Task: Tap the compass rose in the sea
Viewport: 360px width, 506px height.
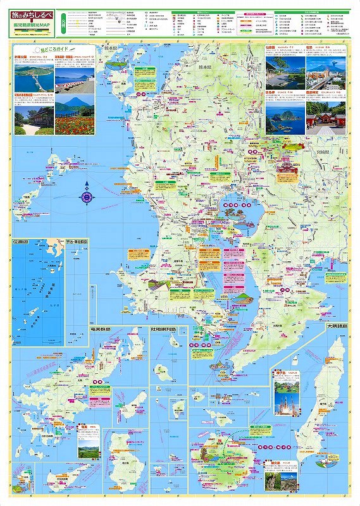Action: (87, 197)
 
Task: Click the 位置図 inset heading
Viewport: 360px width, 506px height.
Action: (23, 242)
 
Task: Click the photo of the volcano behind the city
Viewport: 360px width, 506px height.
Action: (326, 73)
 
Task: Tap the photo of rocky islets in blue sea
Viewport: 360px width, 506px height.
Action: (284, 116)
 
